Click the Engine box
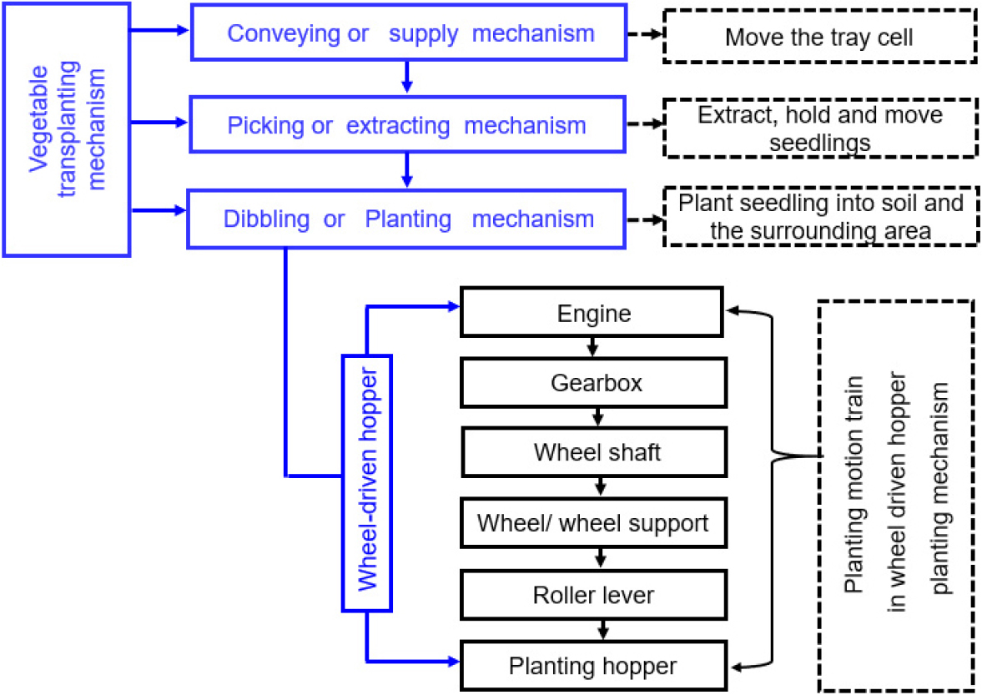click(592, 315)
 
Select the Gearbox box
click(592, 383)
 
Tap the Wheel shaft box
click(597, 452)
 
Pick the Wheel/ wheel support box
click(592, 523)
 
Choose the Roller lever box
click(592, 594)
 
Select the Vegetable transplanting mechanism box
click(66, 128)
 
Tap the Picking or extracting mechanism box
click(406, 126)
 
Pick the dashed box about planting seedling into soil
click(819, 218)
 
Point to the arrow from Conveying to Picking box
click(406, 77)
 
